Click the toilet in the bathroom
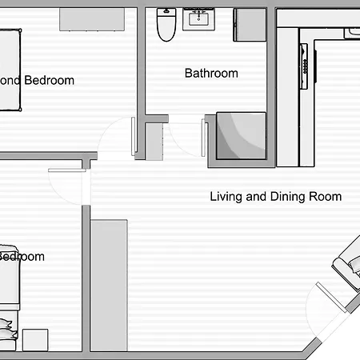pos(166,25)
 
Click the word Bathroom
pos(211,73)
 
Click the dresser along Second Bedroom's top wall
pos(92,20)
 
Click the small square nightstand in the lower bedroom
pos(36,339)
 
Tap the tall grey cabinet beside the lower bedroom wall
pos(109,284)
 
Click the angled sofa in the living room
pos(348,268)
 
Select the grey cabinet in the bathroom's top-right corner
pos(249,26)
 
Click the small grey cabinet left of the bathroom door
pos(154,141)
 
